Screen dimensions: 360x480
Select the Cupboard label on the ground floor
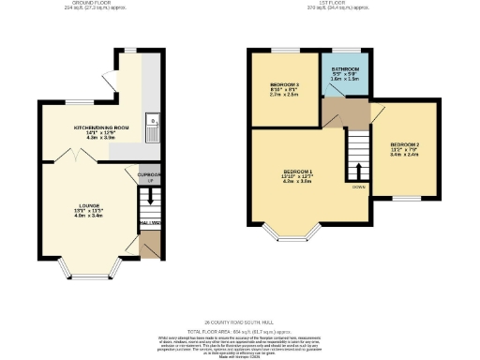click(x=149, y=174)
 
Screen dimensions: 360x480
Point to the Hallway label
click(x=150, y=222)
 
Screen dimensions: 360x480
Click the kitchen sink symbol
click(x=152, y=121)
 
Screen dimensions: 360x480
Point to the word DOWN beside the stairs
click(x=359, y=187)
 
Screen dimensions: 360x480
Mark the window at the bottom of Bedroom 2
click(x=404, y=198)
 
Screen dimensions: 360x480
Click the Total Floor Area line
click(x=239, y=331)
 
